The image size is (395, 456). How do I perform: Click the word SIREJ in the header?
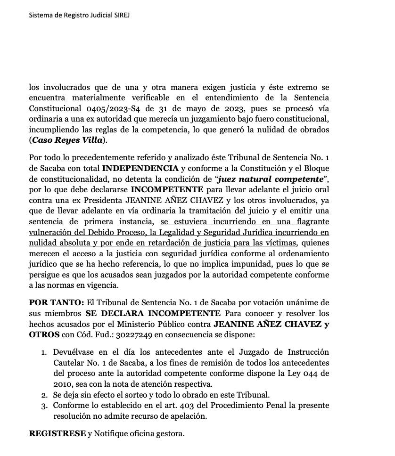pyautogui.click(x=120, y=15)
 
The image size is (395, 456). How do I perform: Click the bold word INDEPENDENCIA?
pyautogui.click(x=140, y=169)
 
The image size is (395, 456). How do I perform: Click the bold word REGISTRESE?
pyautogui.click(x=58, y=433)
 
